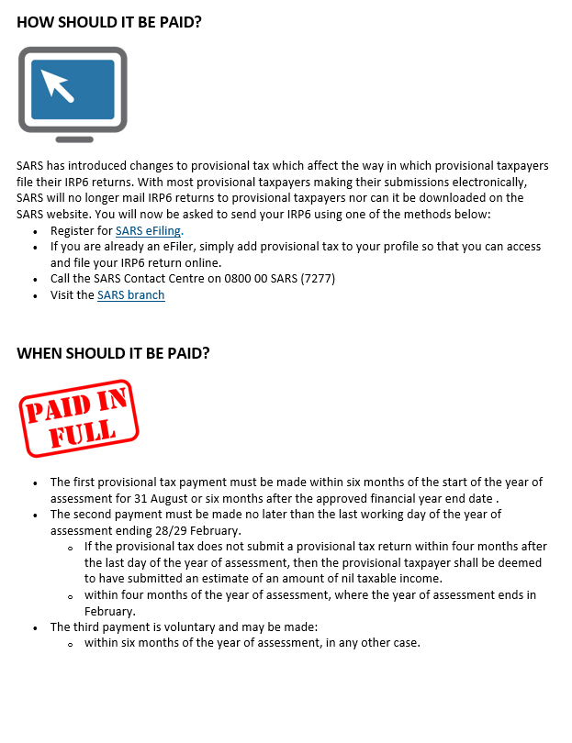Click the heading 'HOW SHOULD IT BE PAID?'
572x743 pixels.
tap(109, 22)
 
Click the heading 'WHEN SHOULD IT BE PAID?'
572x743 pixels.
tap(113, 352)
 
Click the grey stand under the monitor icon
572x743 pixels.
tap(73, 139)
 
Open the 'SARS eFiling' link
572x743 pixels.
tap(148, 230)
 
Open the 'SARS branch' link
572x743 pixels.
tap(130, 294)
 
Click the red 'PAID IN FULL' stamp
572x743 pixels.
tap(78, 417)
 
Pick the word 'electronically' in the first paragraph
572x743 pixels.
tap(484, 182)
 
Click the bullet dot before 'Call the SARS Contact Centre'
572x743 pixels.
tap(35, 279)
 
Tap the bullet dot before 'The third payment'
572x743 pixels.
tap(35, 627)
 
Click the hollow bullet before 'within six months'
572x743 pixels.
tap(70, 644)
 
